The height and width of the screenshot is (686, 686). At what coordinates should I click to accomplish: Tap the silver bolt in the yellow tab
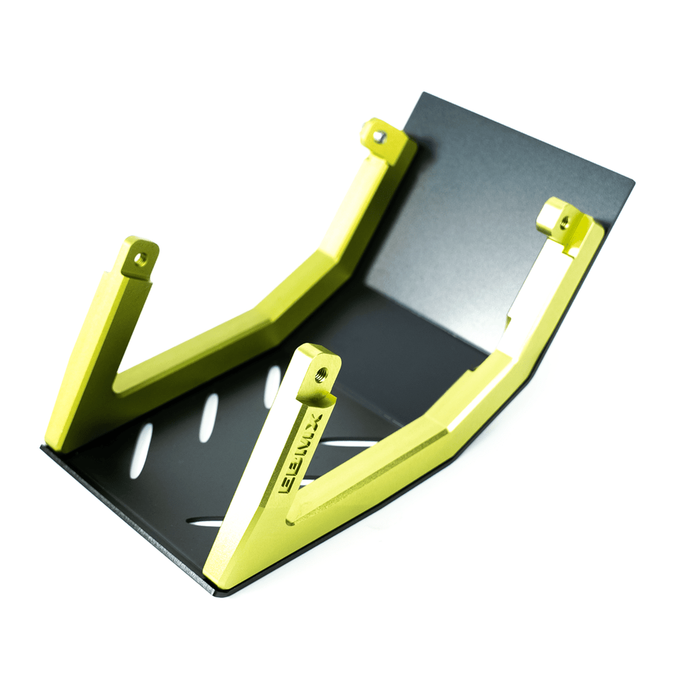379,137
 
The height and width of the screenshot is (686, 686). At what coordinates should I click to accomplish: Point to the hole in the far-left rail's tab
139,257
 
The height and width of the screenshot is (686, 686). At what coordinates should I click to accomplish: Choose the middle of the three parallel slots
208,418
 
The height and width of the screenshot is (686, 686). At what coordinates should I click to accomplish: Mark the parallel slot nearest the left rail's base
141,451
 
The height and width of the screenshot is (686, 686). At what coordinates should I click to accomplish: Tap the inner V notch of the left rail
117,385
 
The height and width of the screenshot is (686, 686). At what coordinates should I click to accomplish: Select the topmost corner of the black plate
424,94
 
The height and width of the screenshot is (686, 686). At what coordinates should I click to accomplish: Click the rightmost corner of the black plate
633,181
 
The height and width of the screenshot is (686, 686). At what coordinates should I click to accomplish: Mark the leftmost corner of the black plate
42,448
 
